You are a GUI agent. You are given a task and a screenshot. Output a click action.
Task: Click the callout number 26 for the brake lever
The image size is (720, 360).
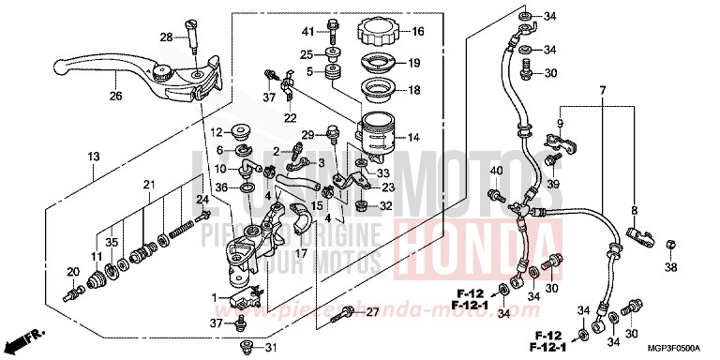[115, 95]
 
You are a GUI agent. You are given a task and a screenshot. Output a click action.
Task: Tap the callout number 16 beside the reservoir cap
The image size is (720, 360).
[416, 31]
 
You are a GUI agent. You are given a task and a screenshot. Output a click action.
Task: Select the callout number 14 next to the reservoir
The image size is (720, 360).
[413, 137]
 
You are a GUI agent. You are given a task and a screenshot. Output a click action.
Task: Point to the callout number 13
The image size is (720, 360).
[94, 155]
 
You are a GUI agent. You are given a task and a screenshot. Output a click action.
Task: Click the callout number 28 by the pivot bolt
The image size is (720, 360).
[166, 37]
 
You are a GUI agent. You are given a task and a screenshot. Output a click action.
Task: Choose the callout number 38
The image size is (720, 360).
[669, 267]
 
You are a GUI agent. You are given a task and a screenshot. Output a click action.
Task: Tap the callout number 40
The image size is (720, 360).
[496, 170]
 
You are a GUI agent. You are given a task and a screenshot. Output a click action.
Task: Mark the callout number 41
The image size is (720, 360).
[307, 32]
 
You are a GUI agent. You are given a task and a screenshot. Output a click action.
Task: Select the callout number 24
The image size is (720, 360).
[201, 199]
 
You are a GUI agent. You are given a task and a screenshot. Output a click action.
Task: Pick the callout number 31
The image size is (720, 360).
[271, 350]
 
